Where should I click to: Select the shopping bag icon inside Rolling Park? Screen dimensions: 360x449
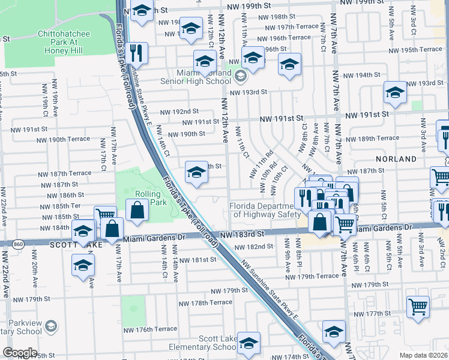137,210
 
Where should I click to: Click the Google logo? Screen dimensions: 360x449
20,353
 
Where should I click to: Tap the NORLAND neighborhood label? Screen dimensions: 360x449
396,159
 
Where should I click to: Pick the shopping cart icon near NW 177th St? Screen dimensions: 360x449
418,307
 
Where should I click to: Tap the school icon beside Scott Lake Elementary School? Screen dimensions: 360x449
249,343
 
